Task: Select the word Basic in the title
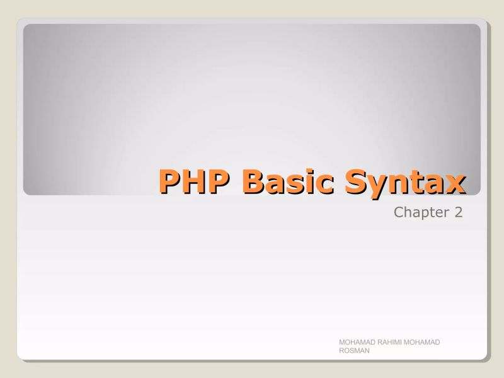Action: click(286, 181)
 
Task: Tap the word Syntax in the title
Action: click(403, 181)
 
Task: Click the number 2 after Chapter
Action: click(458, 213)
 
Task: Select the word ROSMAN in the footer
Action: click(354, 351)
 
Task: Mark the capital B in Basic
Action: click(253, 181)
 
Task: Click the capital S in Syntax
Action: click(358, 181)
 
